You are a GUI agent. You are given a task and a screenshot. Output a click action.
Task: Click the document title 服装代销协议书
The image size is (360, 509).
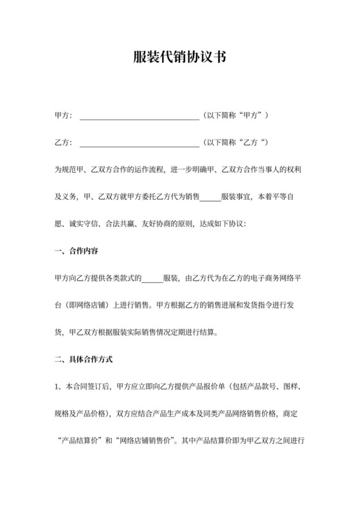[179, 57]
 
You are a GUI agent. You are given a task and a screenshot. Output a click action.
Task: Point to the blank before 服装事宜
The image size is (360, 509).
[210, 199]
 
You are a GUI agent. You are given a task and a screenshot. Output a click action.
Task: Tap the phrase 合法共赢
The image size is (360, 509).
[123, 225]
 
